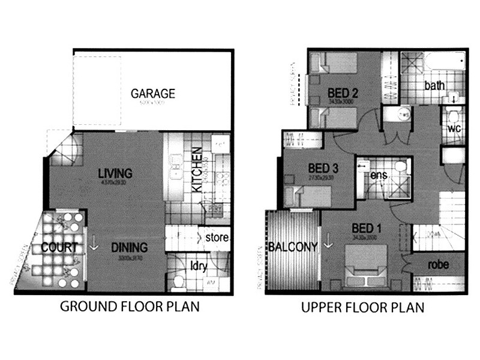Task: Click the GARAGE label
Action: tap(153, 94)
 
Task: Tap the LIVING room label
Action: tap(115, 174)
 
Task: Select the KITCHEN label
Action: tap(197, 178)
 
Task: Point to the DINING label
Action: tap(130, 247)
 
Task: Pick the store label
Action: tap(217, 238)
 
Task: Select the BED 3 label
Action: tap(323, 169)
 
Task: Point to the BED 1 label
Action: tap(367, 228)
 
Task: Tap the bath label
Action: tap(435, 86)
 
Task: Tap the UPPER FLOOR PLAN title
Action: tap(362, 307)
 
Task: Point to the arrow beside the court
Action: tap(93, 247)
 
